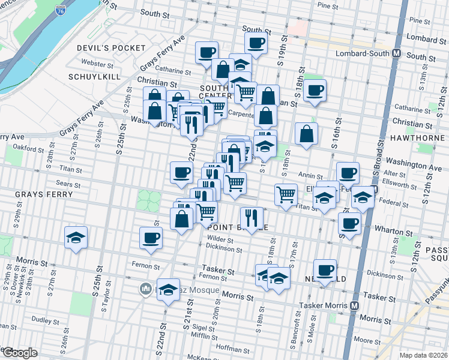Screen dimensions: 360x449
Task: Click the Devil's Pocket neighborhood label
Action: point(111,47)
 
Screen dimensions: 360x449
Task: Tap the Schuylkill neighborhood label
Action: point(95,77)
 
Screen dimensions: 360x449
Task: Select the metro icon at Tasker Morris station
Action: point(355,305)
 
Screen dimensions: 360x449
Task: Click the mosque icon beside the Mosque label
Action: point(145,290)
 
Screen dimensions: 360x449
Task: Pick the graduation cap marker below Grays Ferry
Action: point(76,238)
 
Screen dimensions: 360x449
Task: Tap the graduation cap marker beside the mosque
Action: point(168,290)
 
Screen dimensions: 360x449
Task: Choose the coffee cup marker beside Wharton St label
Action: point(349,224)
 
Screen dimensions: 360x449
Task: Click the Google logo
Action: point(19,353)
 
